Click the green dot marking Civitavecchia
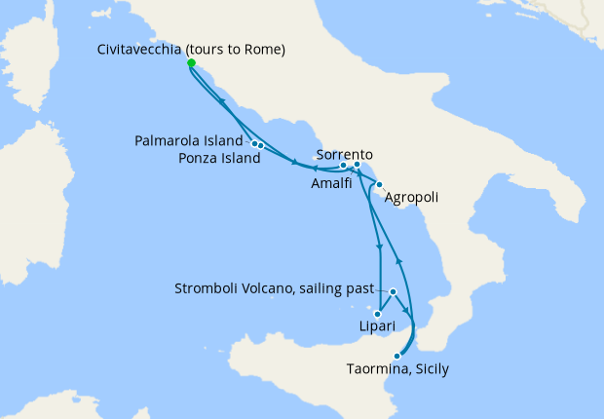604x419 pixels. coord(191,63)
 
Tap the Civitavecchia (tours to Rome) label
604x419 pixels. coord(191,50)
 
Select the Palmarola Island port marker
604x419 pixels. coord(255,144)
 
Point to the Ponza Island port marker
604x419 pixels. coord(262,146)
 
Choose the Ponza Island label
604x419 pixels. coord(219,158)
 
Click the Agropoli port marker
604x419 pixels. coord(379,183)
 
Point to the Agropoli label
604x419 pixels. coord(411,198)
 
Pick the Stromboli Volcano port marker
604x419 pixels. coord(393,292)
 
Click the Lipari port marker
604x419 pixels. coord(376,314)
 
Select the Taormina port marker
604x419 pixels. coord(396,356)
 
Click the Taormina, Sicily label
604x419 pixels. coord(397,369)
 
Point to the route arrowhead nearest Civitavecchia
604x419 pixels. coord(224,102)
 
